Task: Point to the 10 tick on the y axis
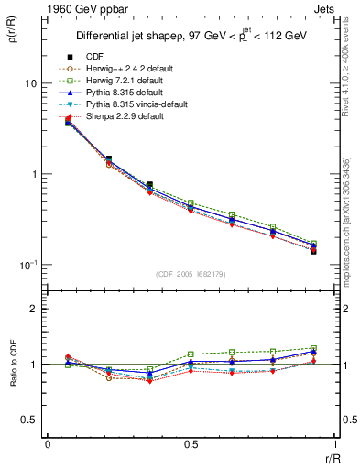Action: click(29, 83)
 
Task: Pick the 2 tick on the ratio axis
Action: click(34, 309)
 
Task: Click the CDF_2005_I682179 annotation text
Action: click(190, 274)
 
